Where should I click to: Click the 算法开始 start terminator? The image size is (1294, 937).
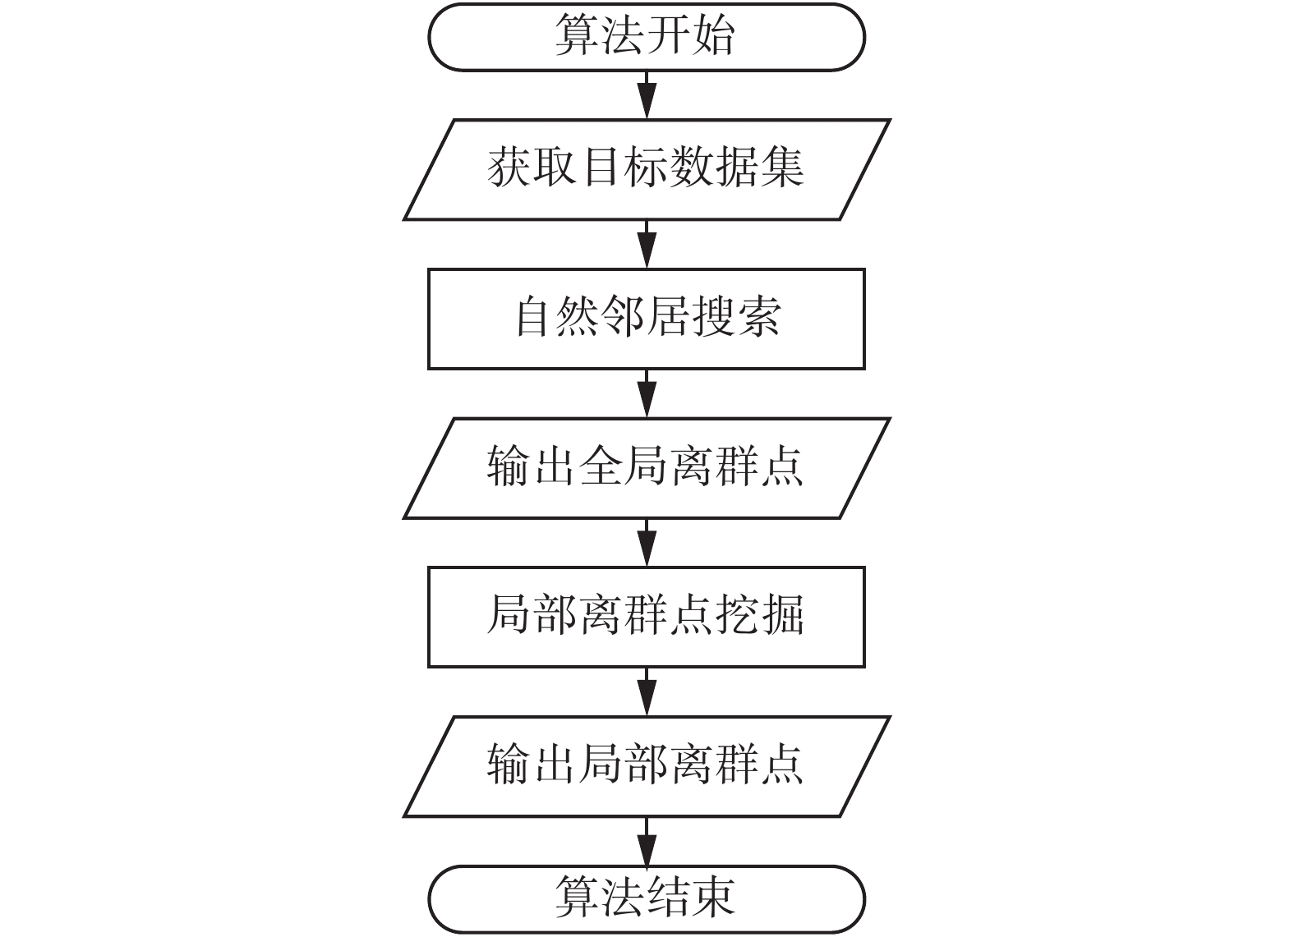(646, 37)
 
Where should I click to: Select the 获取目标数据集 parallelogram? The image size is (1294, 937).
(646, 170)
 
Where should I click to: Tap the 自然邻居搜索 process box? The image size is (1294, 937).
(646, 319)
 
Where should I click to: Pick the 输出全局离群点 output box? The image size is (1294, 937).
(646, 468)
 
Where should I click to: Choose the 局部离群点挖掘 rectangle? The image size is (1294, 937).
(646, 617)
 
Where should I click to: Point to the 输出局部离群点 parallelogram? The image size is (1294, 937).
(646, 766)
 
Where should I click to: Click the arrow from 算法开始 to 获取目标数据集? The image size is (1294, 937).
(647, 95)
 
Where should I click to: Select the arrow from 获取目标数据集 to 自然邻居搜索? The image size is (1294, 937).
(647, 244)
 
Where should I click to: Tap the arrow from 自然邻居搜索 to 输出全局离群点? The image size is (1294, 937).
(647, 393)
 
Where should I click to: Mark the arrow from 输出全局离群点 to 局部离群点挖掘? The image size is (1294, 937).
(647, 542)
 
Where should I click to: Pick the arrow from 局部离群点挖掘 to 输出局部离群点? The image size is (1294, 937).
(647, 691)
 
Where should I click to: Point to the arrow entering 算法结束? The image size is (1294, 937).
(647, 840)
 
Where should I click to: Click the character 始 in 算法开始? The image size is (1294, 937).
(712, 37)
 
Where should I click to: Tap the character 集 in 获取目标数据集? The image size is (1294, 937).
(782, 168)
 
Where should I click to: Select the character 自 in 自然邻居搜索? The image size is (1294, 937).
(535, 318)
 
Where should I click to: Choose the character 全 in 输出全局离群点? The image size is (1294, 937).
(601, 467)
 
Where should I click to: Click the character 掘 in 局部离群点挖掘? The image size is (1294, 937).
(782, 616)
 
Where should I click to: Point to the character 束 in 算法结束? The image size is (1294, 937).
(712, 898)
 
